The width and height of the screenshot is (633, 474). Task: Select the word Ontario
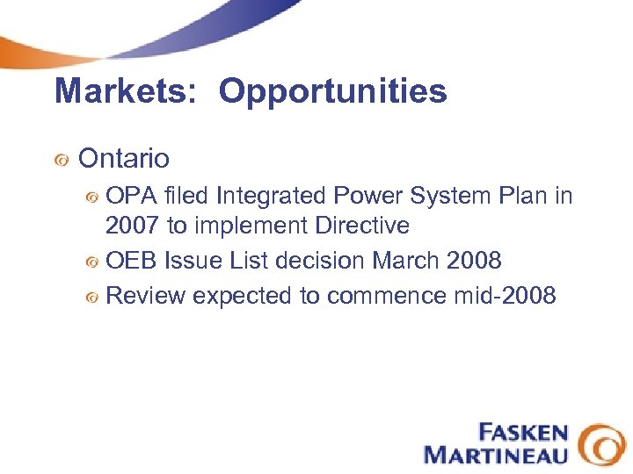point(124,159)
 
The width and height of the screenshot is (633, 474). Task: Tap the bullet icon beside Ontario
point(61,161)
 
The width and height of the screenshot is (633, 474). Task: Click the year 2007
point(133,226)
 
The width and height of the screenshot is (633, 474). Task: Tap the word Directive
point(362,226)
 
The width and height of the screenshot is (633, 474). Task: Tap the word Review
point(145,296)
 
